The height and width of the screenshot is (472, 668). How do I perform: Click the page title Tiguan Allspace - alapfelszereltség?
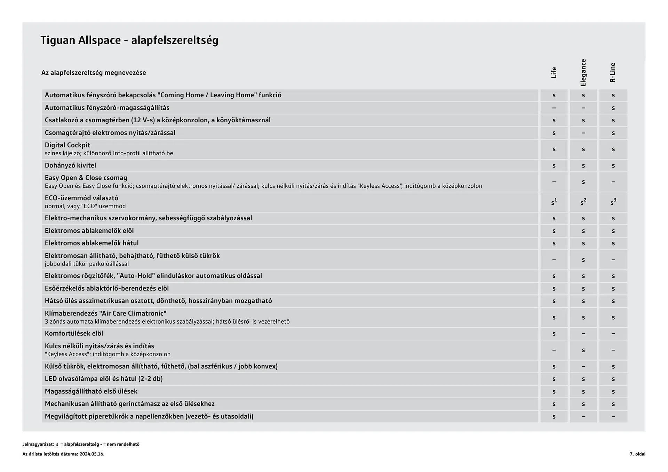[129, 40]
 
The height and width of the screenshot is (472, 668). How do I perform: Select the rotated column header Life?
[554, 73]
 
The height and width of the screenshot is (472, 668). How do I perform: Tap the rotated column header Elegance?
[583, 73]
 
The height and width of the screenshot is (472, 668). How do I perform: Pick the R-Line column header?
[613, 73]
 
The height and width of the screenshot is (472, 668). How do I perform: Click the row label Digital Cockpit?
[67, 145]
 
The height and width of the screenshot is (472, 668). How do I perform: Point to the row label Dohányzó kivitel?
[70, 165]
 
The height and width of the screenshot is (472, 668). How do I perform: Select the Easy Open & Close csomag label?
[86, 178]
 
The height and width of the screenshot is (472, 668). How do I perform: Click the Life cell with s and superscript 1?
[554, 202]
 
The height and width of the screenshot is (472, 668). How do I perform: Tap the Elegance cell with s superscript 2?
[583, 202]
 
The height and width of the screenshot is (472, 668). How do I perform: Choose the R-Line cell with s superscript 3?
[613, 202]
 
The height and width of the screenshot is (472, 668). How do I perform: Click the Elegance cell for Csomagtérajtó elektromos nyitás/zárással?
[583, 133]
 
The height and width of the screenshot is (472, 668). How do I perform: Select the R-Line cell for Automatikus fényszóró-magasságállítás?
[613, 108]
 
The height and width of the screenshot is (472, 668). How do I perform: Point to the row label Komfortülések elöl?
[74, 334]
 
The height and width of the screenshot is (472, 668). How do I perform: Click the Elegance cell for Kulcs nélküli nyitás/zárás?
[583, 350]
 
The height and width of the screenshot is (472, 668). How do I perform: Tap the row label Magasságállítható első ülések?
[91, 391]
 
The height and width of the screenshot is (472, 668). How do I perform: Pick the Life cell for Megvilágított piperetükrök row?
[554, 417]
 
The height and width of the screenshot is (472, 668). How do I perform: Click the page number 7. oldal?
[637, 454]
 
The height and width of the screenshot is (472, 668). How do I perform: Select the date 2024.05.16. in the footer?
[92, 454]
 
